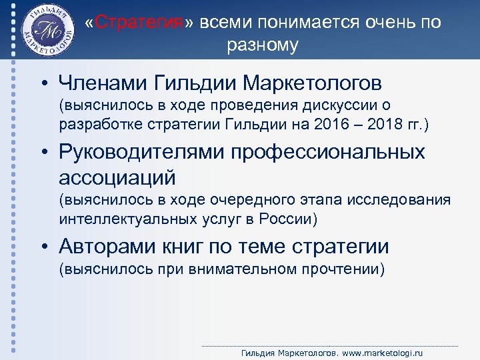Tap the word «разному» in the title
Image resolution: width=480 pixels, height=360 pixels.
pyautogui.click(x=263, y=45)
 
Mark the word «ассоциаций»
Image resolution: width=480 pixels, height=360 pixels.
pyautogui.click(x=117, y=177)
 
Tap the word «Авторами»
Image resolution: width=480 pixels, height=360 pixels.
pyautogui.click(x=107, y=247)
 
